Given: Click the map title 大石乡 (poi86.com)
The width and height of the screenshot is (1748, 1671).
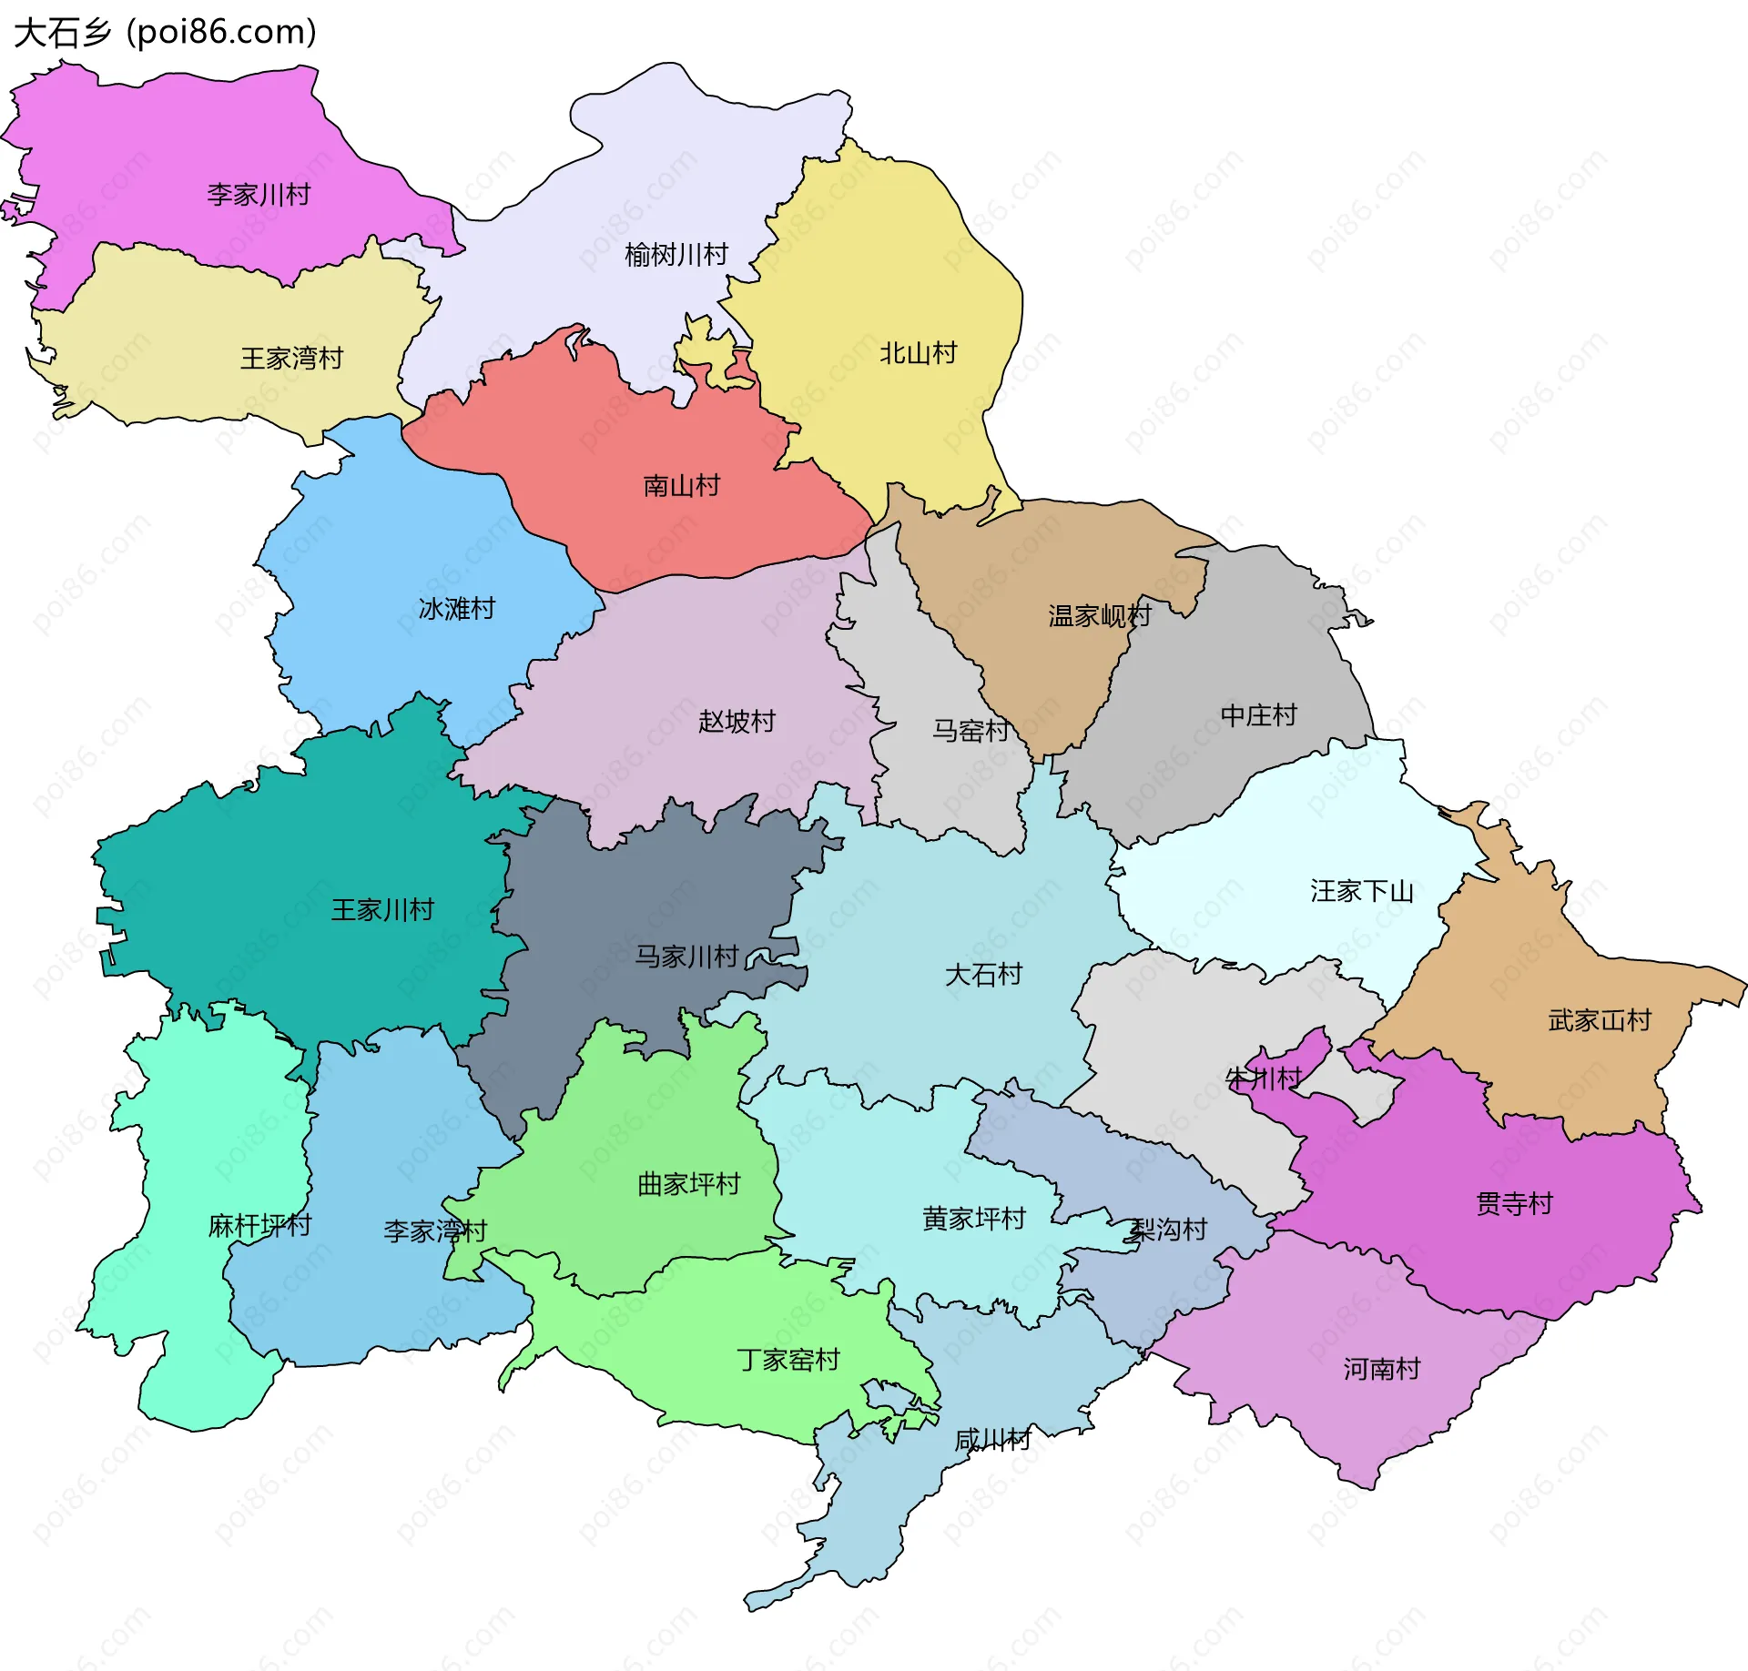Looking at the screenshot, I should [165, 32].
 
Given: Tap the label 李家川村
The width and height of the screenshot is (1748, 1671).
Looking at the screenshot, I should [259, 195].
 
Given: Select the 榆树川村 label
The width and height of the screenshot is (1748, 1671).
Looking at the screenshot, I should [676, 255].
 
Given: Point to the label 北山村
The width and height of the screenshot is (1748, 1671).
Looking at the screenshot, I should [918, 353].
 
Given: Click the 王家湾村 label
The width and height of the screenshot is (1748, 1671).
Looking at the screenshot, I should [291, 359].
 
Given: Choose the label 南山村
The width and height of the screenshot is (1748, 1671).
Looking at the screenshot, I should [681, 486].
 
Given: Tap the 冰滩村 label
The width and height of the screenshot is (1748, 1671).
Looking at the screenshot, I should [456, 609].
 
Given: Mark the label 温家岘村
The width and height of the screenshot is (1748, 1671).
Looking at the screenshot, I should [1100, 616].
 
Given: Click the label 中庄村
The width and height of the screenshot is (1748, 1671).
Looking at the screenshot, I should [1258, 715].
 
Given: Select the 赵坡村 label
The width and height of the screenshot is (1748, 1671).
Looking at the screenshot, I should [737, 722].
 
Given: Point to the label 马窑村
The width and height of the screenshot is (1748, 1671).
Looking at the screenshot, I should [971, 731].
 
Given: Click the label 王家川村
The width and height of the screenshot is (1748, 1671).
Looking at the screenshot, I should [382, 910].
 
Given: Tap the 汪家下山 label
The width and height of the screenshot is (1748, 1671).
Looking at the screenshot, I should [1361, 891].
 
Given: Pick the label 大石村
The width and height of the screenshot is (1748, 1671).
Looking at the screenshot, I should [983, 975].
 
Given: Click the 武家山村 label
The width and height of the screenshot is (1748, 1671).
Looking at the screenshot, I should [1600, 1020].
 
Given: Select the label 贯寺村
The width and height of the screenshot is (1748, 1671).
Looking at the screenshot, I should [1514, 1204].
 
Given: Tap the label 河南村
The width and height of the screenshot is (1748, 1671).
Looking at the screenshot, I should [1381, 1369].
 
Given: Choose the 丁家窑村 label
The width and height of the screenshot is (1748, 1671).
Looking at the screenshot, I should [788, 1360].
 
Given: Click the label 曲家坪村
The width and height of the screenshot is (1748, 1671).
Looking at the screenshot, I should [688, 1184].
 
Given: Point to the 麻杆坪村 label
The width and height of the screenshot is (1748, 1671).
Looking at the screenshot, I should [259, 1226].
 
